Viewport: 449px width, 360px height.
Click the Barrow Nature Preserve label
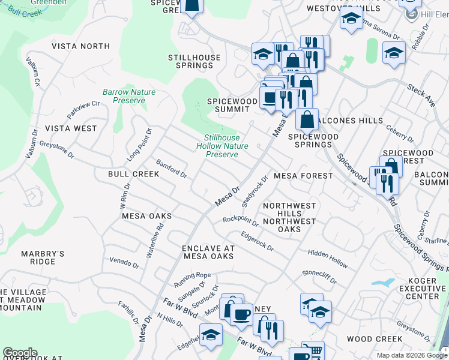128,96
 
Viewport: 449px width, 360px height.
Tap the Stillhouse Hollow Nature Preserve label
221,146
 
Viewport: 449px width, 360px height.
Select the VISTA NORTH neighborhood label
80,46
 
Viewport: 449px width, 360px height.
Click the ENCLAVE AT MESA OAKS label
208,252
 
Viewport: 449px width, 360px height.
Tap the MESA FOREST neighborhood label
303,176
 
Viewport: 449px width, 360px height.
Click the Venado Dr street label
124,263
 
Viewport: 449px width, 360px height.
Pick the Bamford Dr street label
172,169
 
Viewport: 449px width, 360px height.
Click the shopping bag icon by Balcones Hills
307,119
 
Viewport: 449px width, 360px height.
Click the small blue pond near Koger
383,282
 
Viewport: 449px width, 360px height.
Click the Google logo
20,353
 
